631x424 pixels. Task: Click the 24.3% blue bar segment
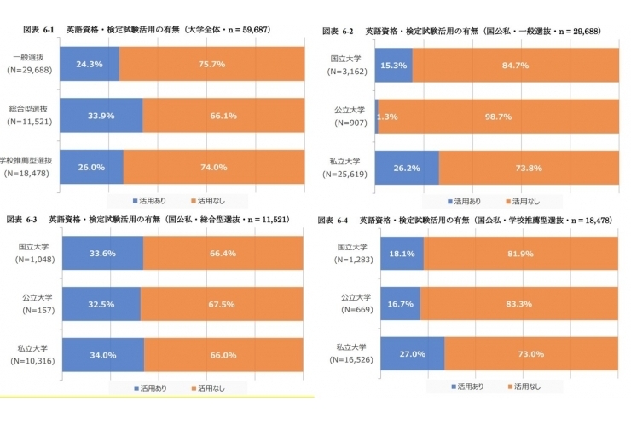click(90, 65)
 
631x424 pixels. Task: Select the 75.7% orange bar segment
click(211, 65)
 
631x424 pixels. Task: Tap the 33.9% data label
click(101, 117)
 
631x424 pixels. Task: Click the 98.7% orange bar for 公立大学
click(499, 117)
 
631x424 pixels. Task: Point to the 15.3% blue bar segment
click(394, 66)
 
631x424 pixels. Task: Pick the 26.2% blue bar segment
click(407, 168)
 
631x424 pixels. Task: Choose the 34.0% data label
click(102, 355)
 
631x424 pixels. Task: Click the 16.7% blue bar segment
click(400, 304)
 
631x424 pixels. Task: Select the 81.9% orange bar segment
click(520, 254)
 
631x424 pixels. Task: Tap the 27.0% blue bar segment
click(413, 355)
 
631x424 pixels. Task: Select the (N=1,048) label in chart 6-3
click(30, 260)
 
